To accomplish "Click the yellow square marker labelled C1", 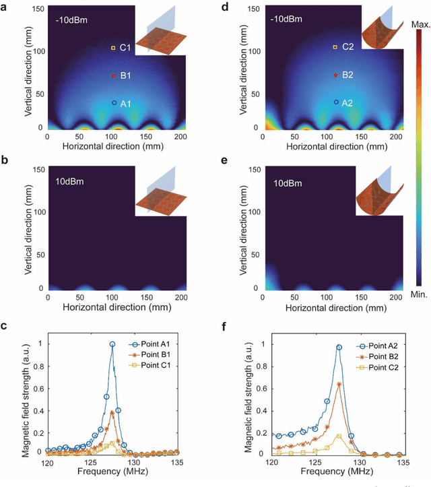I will tap(113, 48).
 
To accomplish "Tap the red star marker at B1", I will tap(113, 76).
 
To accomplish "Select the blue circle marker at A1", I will tap(113, 102).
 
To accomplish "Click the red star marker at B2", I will tap(335, 75).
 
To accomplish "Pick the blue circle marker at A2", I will tap(335, 102).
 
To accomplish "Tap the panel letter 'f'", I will tap(224, 330).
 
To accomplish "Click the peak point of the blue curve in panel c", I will tap(112, 344).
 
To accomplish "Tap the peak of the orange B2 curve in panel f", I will tap(339, 385).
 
